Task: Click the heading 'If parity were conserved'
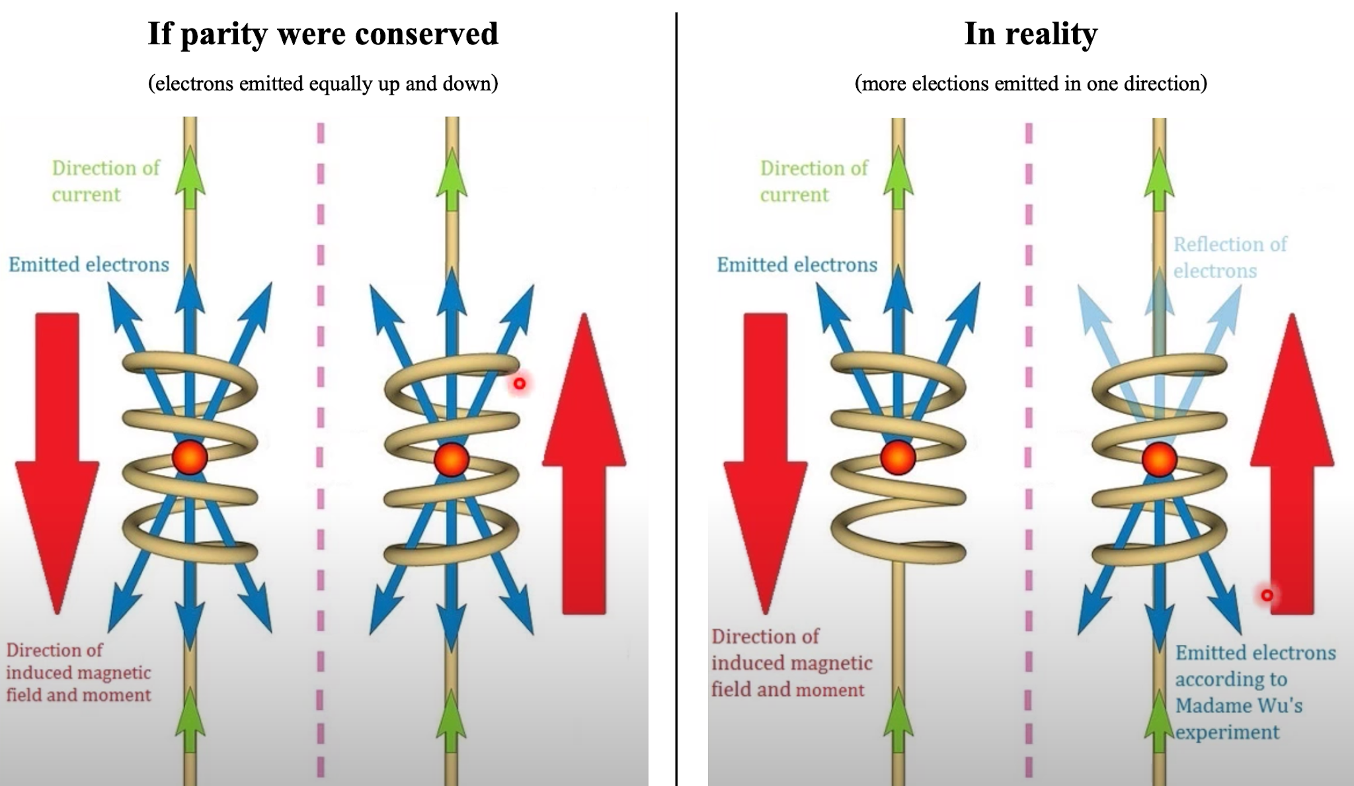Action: pos(323,34)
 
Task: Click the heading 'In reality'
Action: pos(1030,34)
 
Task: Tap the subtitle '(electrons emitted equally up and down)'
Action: pos(323,83)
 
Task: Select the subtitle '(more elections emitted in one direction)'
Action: pos(1030,83)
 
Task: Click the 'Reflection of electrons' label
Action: pos(1230,257)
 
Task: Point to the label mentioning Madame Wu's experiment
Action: pos(1255,692)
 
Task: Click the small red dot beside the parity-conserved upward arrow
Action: pos(520,383)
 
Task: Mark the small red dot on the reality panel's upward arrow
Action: pos(1267,595)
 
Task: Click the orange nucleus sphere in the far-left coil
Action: pos(190,457)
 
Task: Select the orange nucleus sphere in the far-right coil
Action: pos(1160,459)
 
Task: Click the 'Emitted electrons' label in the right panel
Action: pos(797,265)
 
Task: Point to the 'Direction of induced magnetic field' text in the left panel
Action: pos(79,672)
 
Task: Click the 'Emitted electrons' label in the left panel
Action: pos(89,265)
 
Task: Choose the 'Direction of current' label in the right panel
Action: pos(813,181)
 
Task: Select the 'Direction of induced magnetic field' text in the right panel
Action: pos(791,662)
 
